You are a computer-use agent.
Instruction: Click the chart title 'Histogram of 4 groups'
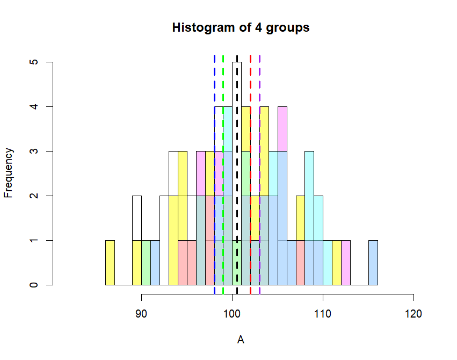(241, 27)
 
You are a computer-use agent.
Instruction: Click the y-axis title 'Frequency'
(8, 173)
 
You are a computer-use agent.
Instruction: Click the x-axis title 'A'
(241, 340)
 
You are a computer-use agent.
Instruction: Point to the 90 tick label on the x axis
(141, 313)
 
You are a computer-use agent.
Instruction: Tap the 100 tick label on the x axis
(232, 313)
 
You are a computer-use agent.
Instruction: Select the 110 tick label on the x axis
(323, 313)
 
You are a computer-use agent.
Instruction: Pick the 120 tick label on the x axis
(414, 313)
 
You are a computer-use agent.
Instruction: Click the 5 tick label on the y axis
(34, 62)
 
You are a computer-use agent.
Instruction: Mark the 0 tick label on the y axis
(34, 285)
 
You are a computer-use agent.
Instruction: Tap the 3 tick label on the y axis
(34, 152)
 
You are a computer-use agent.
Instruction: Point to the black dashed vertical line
(237, 161)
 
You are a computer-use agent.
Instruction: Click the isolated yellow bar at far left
(110, 263)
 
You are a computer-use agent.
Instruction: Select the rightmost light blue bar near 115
(373, 263)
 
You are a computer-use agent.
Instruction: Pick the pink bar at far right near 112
(346, 263)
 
